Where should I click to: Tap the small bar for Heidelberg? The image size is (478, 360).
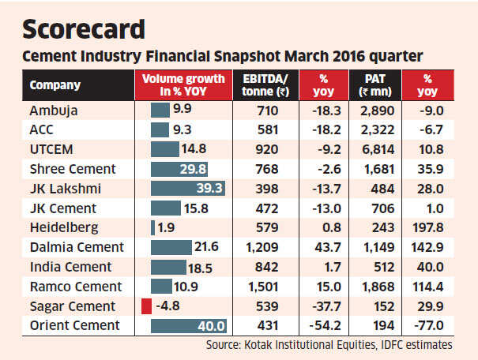[152, 227]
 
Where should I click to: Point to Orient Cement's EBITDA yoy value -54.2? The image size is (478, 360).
[321, 325]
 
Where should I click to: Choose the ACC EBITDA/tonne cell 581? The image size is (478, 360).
[262, 130]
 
